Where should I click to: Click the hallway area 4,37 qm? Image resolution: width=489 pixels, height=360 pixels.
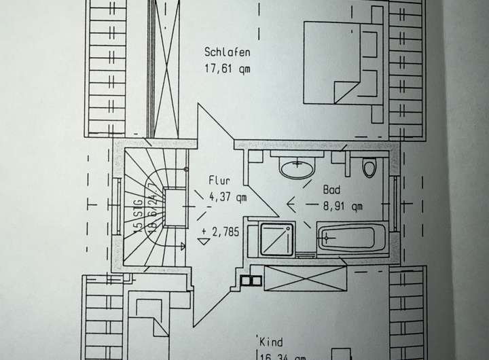coord(228,197)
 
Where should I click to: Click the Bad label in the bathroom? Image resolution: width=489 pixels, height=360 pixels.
coord(331,191)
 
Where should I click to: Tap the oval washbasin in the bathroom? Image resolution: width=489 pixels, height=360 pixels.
coord(298,168)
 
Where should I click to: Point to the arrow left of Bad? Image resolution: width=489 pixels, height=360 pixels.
coord(293,201)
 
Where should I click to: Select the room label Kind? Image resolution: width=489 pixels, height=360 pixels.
coord(270,342)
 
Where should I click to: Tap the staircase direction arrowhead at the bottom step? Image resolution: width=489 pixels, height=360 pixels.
coord(181,242)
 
